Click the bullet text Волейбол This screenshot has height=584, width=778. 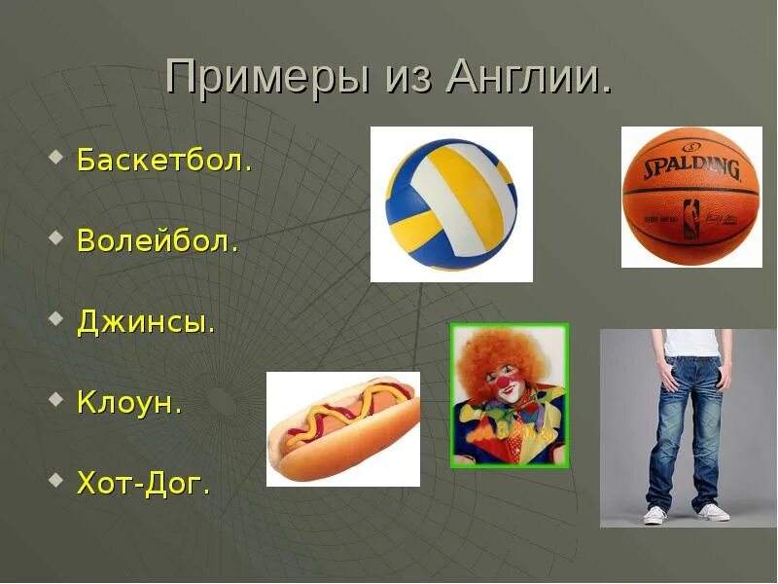click(158, 240)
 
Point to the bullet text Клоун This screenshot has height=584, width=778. click(129, 402)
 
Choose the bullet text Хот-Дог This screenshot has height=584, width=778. click(143, 483)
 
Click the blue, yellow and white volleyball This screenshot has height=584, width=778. click(451, 204)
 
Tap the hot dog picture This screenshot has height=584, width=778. click(343, 429)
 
